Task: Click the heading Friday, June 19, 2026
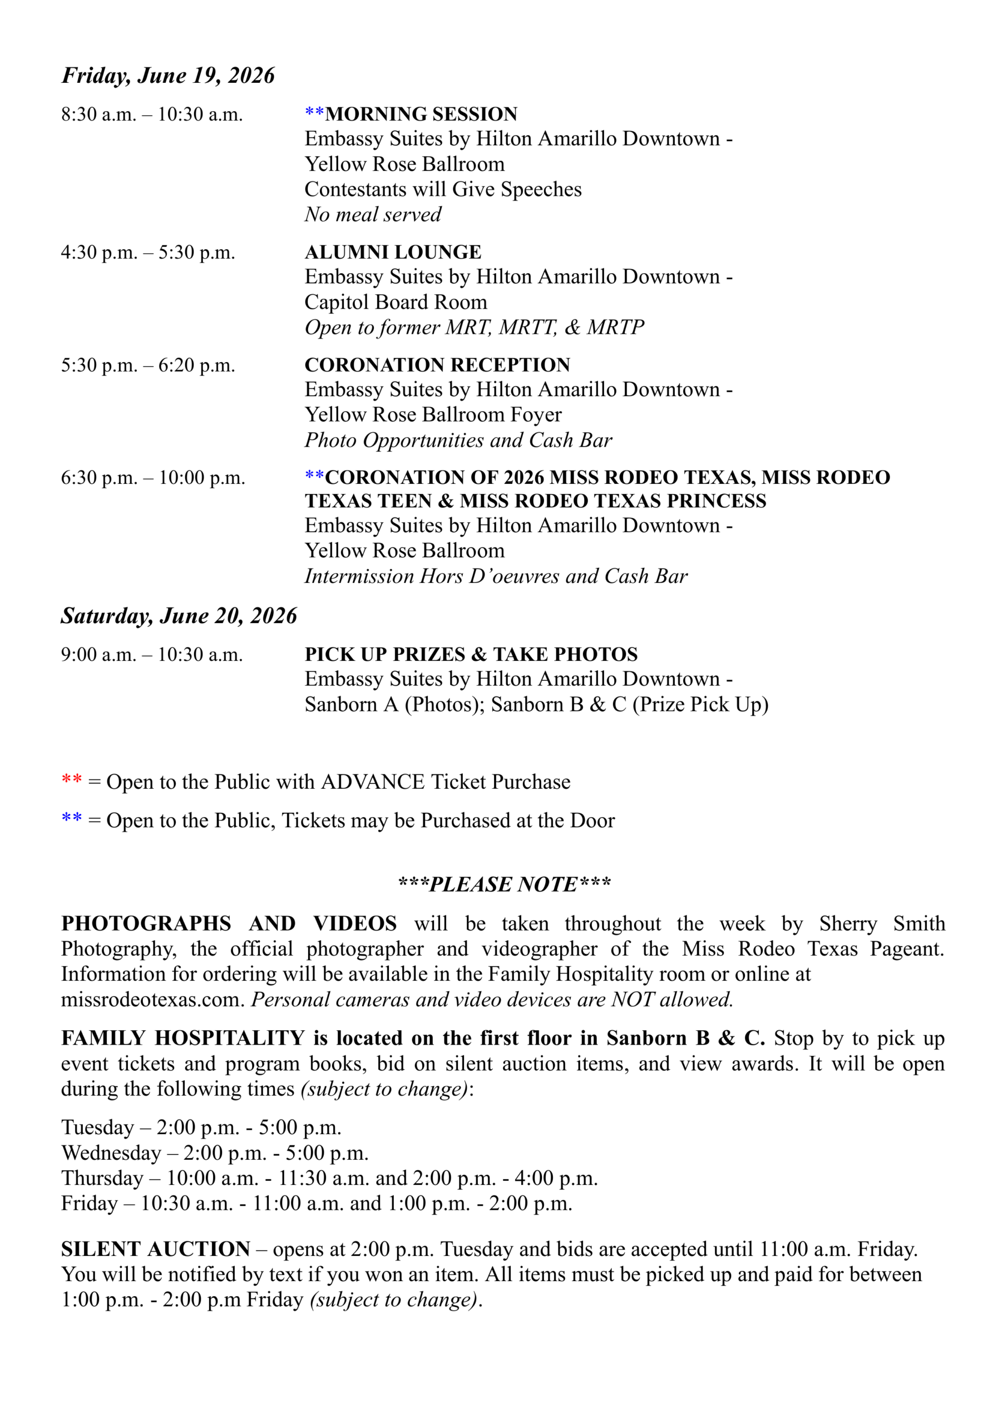click(167, 76)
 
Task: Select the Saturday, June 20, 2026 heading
click(179, 616)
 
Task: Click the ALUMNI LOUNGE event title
click(393, 252)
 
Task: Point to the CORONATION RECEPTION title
click(437, 365)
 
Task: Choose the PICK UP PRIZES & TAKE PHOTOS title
click(471, 654)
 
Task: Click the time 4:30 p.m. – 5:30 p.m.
click(148, 253)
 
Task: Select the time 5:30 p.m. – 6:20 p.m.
click(148, 365)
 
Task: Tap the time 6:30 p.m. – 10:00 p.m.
click(152, 478)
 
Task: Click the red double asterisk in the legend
click(72, 779)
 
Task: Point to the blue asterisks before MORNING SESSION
click(314, 112)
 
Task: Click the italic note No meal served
click(372, 215)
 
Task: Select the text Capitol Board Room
click(396, 302)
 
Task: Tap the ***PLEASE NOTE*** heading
click(504, 883)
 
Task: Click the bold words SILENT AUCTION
click(155, 1248)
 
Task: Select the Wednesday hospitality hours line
click(215, 1153)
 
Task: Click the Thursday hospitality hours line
click(329, 1178)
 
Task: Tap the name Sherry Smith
click(881, 923)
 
